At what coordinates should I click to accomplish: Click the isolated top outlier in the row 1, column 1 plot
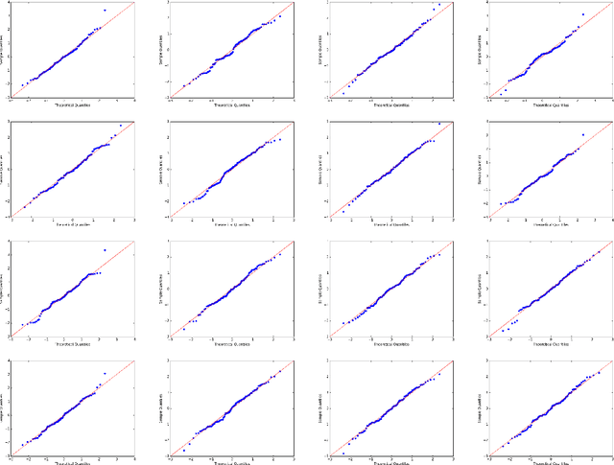point(104,11)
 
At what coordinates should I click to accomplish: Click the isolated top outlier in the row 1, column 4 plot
point(582,14)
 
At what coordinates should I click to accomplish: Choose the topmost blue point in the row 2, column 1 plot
point(120,126)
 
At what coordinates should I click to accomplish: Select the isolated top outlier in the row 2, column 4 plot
point(582,134)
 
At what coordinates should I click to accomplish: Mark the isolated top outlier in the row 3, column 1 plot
point(104,250)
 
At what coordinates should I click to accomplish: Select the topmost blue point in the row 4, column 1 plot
point(104,373)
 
